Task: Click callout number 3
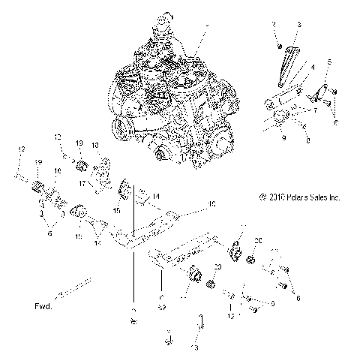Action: (298, 25)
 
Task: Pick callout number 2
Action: (276, 25)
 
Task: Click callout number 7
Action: (316, 110)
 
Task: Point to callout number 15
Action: (116, 212)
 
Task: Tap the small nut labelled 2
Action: (278, 45)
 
